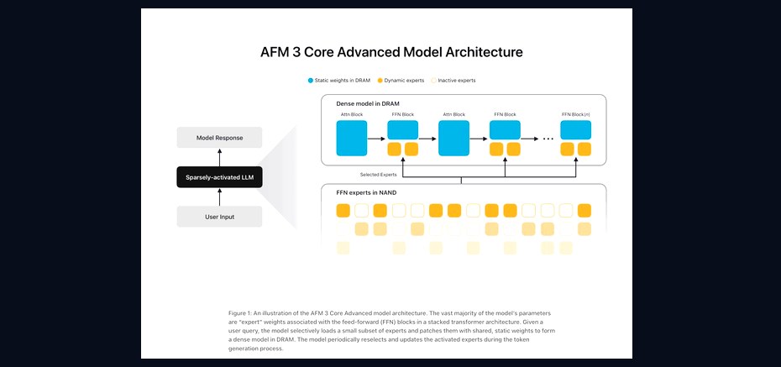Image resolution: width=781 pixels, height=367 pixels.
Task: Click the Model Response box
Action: tap(219, 138)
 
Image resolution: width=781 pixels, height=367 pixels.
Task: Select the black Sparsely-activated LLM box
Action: tap(219, 176)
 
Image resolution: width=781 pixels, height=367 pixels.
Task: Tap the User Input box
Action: tap(219, 217)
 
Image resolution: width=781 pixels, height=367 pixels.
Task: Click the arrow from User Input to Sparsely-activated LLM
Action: tap(219, 197)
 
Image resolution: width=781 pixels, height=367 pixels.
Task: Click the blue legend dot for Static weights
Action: tap(311, 80)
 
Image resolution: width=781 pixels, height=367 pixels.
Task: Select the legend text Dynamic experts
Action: tap(404, 80)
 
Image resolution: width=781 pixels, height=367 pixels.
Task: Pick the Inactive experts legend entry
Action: tap(453, 80)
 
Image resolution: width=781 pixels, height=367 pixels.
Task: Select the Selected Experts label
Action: tap(378, 175)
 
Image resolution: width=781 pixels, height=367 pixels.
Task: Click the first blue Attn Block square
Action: tap(352, 138)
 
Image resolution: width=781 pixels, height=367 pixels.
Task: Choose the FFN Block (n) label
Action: tap(575, 114)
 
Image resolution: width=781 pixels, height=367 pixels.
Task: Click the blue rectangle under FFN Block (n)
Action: tap(576, 129)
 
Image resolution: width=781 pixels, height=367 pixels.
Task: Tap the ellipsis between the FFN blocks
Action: tap(548, 139)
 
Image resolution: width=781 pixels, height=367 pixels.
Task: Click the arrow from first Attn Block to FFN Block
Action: tap(376, 139)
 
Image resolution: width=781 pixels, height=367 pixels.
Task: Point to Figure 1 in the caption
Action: tap(239, 313)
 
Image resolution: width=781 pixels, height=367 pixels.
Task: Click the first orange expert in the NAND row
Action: tap(343, 211)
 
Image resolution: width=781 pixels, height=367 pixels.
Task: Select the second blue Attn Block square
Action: tap(453, 138)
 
